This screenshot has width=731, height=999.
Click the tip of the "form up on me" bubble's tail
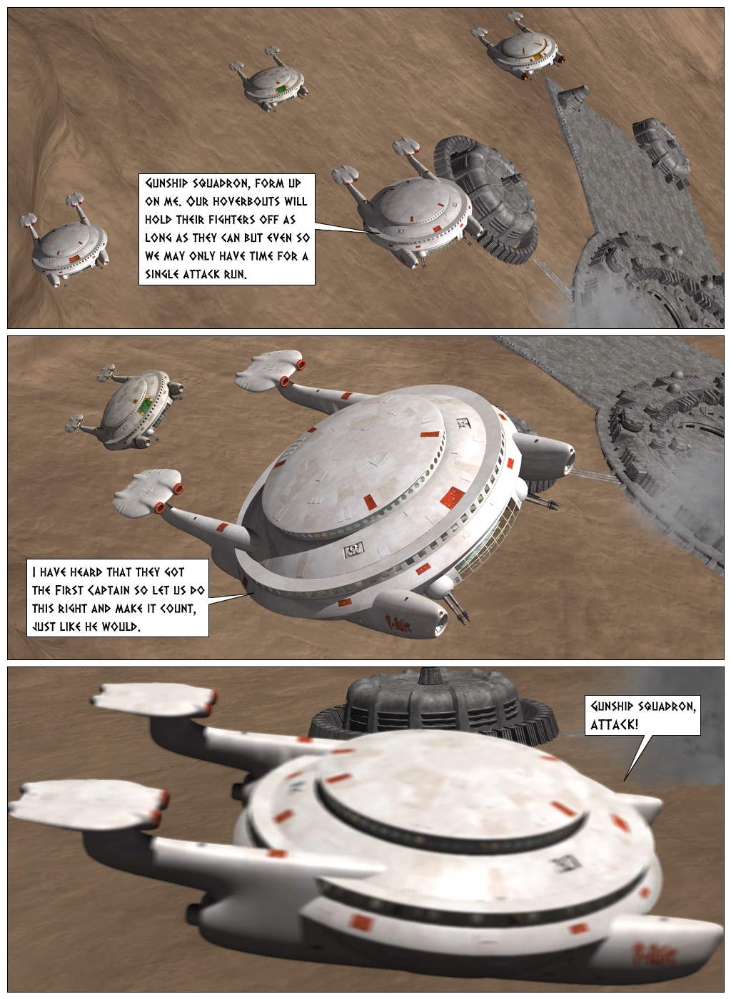coord(368,233)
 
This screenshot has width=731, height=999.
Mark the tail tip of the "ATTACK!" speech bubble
coord(625,781)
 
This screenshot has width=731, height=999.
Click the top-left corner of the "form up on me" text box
coord(138,174)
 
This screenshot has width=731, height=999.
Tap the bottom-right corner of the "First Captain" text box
coord(209,637)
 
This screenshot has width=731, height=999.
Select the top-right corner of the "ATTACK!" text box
coord(700,695)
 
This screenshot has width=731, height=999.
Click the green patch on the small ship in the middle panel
coord(145,406)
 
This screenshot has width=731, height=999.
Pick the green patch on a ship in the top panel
coord(281,89)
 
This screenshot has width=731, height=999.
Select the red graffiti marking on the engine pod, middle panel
coord(398,622)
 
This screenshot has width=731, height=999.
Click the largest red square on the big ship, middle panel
coord(453,498)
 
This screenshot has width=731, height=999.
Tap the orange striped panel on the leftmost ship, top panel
coord(74,258)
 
